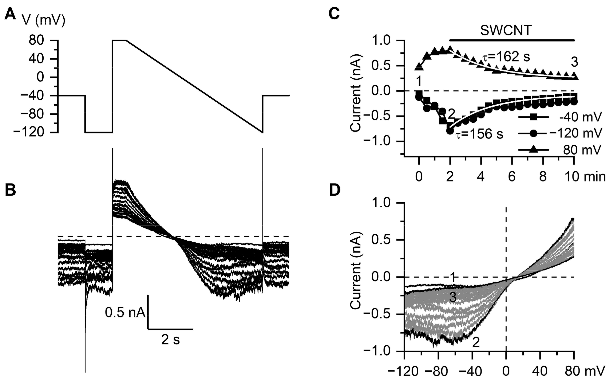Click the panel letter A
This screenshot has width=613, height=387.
click(x=10, y=14)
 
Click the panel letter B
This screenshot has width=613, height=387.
click(x=10, y=190)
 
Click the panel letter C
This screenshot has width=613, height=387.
click(x=334, y=13)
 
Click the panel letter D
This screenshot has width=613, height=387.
click(x=335, y=190)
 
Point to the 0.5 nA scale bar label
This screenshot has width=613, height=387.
click(x=125, y=313)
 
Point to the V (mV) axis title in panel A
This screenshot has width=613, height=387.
click(x=43, y=20)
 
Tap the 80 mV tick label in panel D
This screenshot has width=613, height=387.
click(x=585, y=371)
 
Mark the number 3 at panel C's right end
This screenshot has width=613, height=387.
click(x=574, y=62)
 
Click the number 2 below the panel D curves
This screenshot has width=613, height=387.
click(x=476, y=343)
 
